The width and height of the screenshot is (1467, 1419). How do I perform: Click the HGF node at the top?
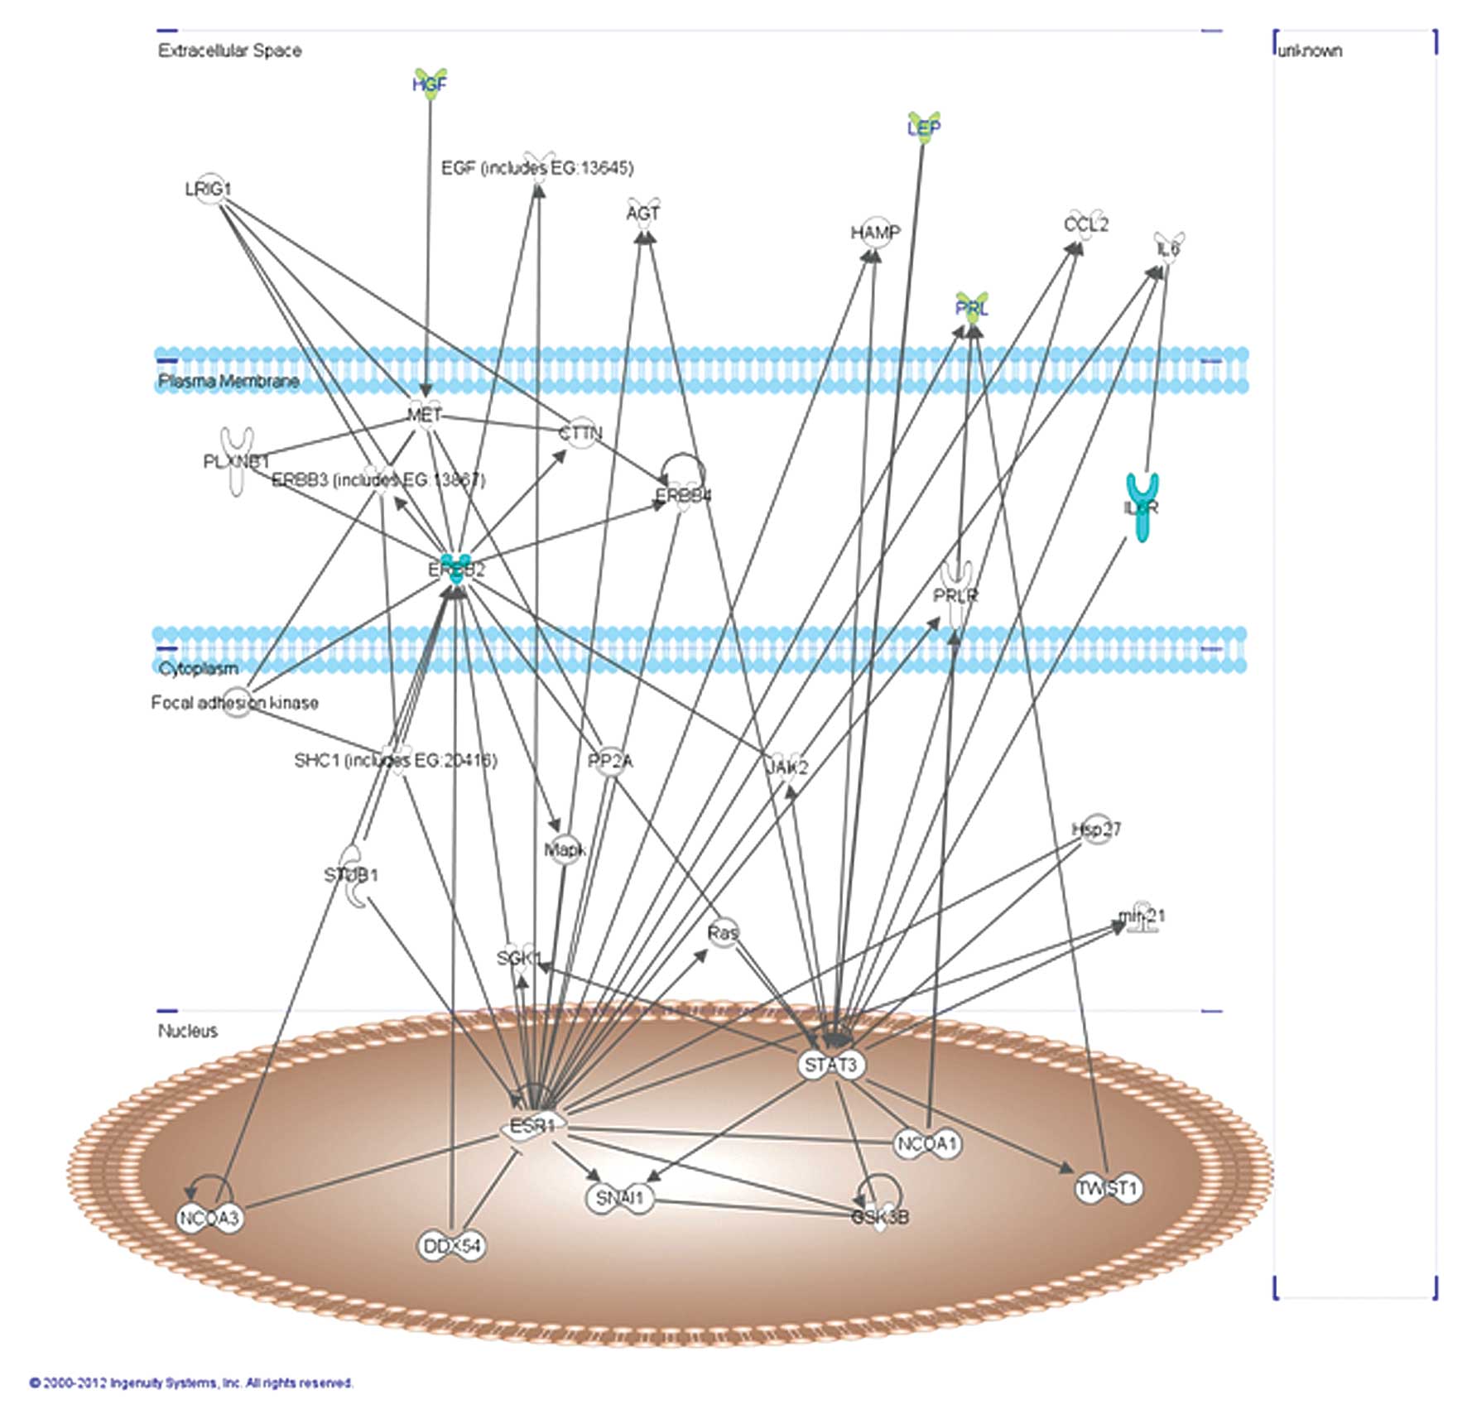click(x=430, y=84)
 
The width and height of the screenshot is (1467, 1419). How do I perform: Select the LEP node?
click(x=923, y=127)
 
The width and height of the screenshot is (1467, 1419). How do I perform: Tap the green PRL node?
click(x=972, y=308)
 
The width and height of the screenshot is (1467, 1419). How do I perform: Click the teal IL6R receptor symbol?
click(x=1142, y=507)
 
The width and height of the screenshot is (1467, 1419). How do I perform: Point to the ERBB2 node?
click(x=456, y=569)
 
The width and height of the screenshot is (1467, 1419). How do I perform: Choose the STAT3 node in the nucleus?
click(x=831, y=1064)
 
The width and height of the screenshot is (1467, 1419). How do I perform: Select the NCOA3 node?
click(x=210, y=1218)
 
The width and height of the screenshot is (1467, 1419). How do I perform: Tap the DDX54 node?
click(x=451, y=1246)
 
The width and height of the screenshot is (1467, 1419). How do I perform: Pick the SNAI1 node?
click(x=620, y=1197)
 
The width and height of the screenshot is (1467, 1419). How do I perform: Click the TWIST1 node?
click(x=1109, y=1188)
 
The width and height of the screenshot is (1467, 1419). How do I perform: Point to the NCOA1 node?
click(x=928, y=1144)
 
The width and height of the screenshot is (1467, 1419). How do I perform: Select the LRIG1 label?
click(x=209, y=190)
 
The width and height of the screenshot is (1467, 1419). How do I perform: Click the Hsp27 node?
click(x=1096, y=829)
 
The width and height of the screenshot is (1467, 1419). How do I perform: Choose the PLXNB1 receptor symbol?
click(x=237, y=461)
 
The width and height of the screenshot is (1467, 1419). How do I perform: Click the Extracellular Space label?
click(x=229, y=51)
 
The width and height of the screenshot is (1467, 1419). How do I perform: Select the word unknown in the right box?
click(x=1310, y=51)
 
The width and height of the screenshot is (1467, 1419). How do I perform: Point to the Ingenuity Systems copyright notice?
click(x=191, y=1383)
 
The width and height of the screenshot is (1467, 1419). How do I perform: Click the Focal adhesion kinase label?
click(x=234, y=702)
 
